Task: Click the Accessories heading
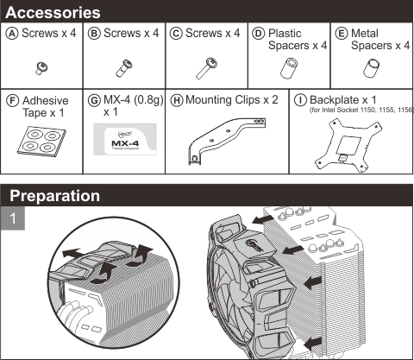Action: point(53,12)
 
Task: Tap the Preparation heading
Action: point(54,196)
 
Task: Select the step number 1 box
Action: point(13,218)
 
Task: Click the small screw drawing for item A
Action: point(41,68)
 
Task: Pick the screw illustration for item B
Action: point(124,68)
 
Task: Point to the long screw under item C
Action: point(207,67)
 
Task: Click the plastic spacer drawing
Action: point(289,68)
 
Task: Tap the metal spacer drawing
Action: point(372,68)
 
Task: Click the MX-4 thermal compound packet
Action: point(125,139)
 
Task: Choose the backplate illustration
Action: point(348,146)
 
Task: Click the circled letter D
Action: point(258,34)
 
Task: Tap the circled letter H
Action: point(177,100)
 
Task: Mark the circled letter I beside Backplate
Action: point(300,100)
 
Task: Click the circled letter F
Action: point(12,101)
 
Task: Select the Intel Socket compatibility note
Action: point(361,110)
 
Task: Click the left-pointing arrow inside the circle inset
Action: point(72,253)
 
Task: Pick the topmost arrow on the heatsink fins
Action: point(261,220)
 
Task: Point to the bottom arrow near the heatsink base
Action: point(313,344)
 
